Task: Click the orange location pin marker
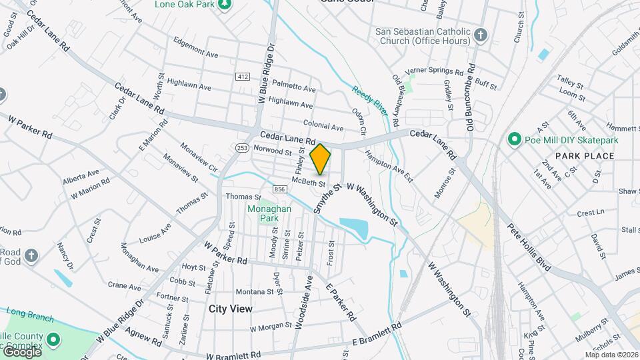[321, 159]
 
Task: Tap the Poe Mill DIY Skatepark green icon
[514, 139]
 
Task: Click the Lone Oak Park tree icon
[225, 4]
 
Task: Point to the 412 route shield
[242, 77]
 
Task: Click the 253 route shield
[241, 147]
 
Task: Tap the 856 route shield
[279, 190]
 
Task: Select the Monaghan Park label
[263, 213]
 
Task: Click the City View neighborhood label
[231, 309]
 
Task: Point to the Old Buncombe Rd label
[470, 97]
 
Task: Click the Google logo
[22, 352]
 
